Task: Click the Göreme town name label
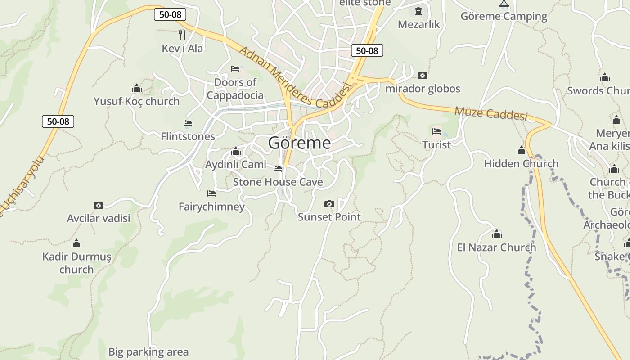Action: coord(299,143)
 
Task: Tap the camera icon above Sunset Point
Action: coord(329,204)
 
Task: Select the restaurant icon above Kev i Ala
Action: coord(182,35)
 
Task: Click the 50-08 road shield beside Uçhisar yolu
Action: coord(58,121)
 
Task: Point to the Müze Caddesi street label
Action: coord(490,113)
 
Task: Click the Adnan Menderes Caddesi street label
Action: coord(294,78)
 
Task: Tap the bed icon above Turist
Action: coord(436,131)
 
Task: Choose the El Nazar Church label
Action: coord(496,247)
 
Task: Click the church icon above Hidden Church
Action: coord(522,150)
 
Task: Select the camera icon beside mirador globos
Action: coord(422,75)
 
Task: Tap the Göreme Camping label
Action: coord(504,17)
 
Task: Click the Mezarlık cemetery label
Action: coord(418,24)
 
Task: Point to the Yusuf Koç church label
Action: coord(136,101)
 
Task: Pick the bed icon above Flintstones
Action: coord(188,123)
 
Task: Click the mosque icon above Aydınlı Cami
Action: coord(235,152)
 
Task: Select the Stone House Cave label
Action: coord(278,182)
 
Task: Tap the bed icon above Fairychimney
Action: coord(211,193)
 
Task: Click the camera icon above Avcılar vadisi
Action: coord(99,205)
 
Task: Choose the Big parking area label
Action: coord(148,351)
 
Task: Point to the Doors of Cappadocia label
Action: coord(235,89)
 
